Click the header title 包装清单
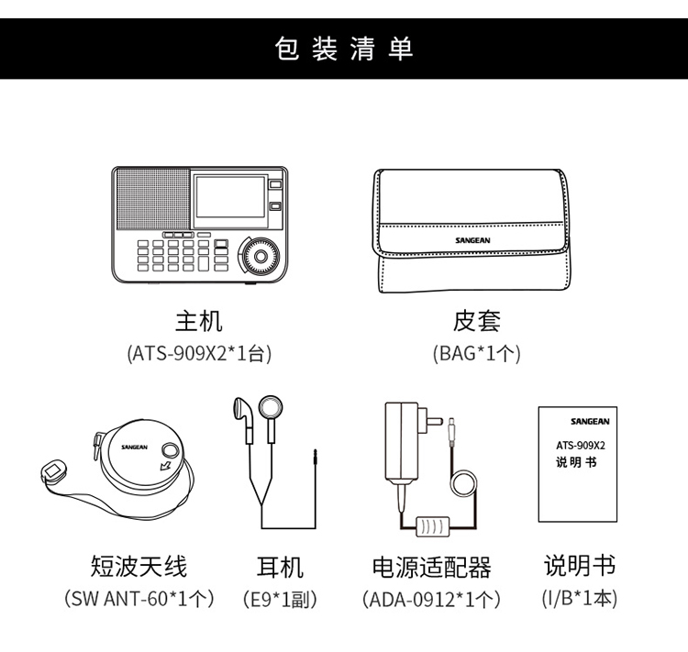pyautogui.click(x=344, y=49)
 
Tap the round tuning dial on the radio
pyautogui.click(x=261, y=255)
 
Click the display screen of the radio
pyautogui.click(x=230, y=197)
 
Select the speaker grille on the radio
pyautogui.click(x=153, y=199)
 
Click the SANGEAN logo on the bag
pyautogui.click(x=472, y=240)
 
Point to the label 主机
pyautogui.click(x=199, y=322)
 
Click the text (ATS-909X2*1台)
pyautogui.click(x=199, y=353)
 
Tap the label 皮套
pyautogui.click(x=476, y=322)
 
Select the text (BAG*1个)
pyautogui.click(x=476, y=353)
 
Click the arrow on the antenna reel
pyautogui.click(x=166, y=464)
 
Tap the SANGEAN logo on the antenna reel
pyautogui.click(x=134, y=448)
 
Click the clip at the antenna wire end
pyautogui.click(x=53, y=471)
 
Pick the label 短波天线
pyautogui.click(x=139, y=566)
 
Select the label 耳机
pyautogui.click(x=280, y=567)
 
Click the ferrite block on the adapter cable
pyautogui.click(x=433, y=526)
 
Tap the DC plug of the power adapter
pyautogui.click(x=451, y=432)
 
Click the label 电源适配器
pyautogui.click(x=431, y=567)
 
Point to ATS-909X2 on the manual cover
pyautogui.click(x=581, y=446)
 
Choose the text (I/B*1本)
pyautogui.click(x=579, y=598)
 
